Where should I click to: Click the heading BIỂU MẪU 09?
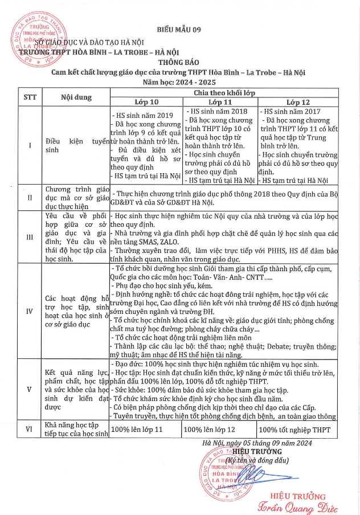[x=180, y=30]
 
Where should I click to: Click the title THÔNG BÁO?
[x=179, y=63]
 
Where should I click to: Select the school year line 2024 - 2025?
[x=179, y=83]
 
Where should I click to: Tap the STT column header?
[x=30, y=96]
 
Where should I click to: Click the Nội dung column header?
[x=76, y=97]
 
